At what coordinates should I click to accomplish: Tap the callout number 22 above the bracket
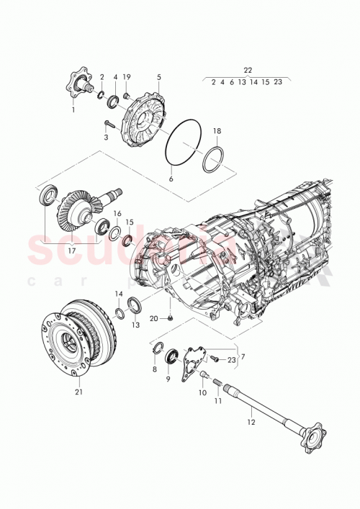[248, 70]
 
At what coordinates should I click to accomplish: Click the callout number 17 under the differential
[71, 251]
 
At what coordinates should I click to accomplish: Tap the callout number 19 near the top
[127, 76]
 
